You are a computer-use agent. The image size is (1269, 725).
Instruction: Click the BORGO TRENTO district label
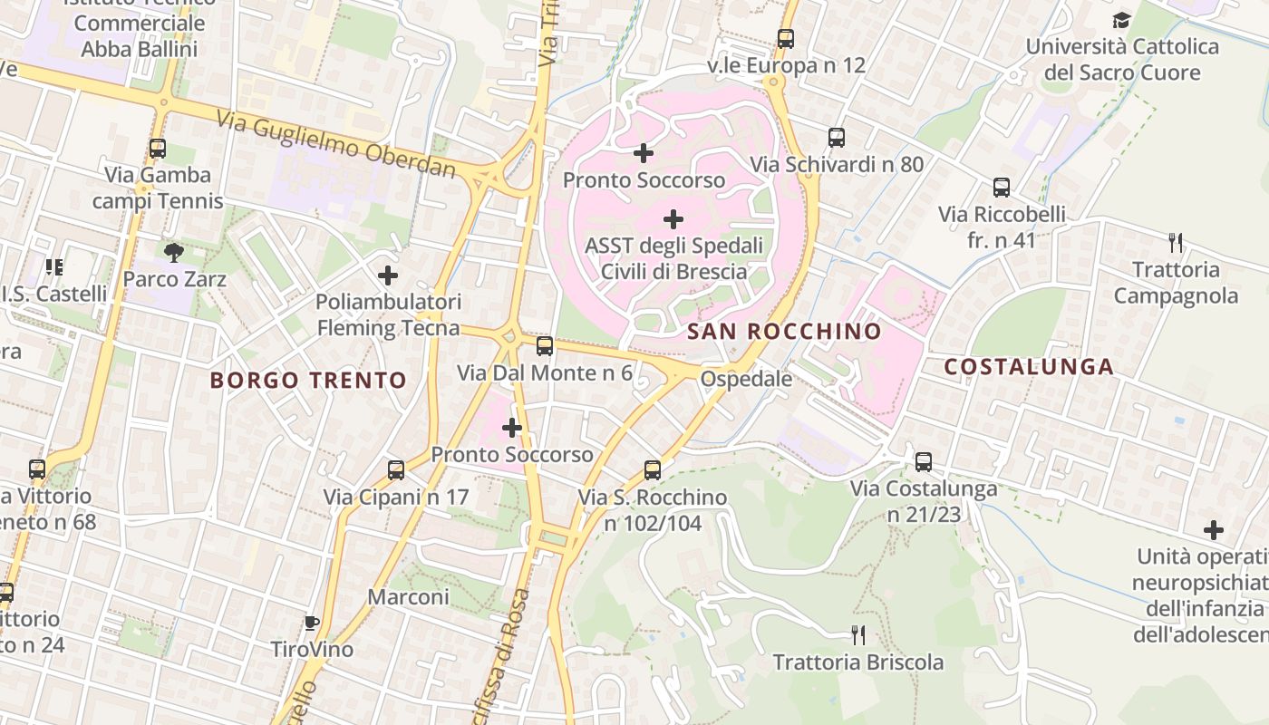[x=308, y=380]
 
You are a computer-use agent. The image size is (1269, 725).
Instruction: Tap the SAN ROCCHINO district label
[x=784, y=332]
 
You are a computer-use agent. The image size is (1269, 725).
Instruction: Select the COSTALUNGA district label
[x=1029, y=367]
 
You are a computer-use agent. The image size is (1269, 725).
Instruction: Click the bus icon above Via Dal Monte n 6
[x=545, y=346]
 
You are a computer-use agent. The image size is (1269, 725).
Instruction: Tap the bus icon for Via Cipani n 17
[x=396, y=470]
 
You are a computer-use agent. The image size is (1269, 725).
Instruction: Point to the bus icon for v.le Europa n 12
[x=786, y=39]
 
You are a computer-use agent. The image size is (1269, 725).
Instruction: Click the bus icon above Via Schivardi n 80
[x=837, y=138]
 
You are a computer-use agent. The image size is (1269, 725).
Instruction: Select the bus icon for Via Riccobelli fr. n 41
[x=1002, y=188]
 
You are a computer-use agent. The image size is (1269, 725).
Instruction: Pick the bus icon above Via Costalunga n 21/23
[x=924, y=462]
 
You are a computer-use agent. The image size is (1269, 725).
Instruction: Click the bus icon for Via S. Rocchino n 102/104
[x=653, y=470]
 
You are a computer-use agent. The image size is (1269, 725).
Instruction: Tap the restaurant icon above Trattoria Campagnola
[x=1176, y=242]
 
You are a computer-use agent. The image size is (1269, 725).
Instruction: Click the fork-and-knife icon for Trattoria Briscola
[x=858, y=634]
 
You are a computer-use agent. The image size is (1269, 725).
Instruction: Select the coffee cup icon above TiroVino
[x=312, y=623]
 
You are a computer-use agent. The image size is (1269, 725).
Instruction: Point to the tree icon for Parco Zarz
[x=174, y=252]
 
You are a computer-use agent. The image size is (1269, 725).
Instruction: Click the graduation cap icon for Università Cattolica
[x=1122, y=20]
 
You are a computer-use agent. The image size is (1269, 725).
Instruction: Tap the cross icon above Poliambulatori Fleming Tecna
[x=388, y=275]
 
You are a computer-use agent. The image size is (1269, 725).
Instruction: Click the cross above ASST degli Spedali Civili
[x=673, y=218]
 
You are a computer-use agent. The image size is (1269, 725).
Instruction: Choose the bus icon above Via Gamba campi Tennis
[x=158, y=149]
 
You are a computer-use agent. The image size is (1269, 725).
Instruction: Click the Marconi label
[x=408, y=597]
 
